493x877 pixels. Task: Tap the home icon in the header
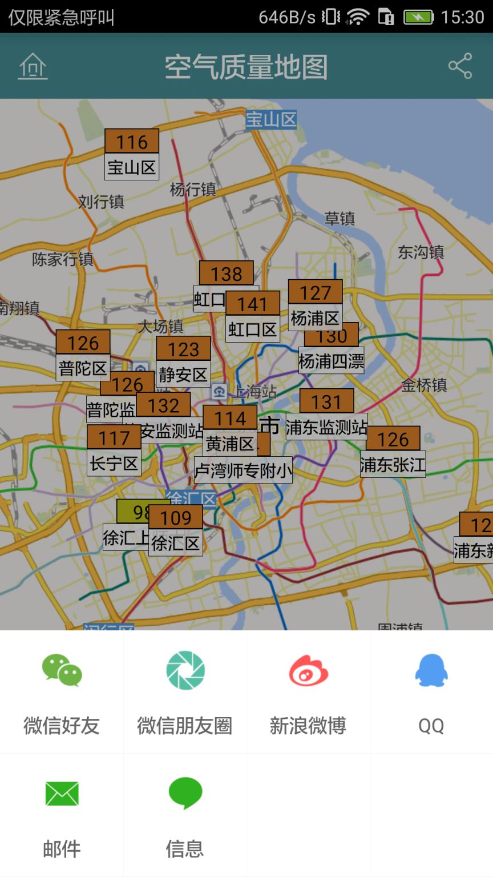point(33,66)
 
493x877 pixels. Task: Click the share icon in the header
point(460,66)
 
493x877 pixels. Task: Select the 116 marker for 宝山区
point(132,142)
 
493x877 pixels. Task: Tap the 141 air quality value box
point(253,304)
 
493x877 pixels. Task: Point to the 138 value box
point(227,273)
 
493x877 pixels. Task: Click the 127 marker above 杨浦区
point(315,292)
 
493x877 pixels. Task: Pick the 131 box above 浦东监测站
point(326,401)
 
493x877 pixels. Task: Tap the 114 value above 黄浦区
point(230,418)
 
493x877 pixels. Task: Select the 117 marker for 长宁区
point(114,438)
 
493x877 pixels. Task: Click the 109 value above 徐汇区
point(176,517)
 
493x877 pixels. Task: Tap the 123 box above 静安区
point(183,349)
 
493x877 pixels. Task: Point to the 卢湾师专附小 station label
point(243,470)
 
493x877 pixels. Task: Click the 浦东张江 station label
point(393,465)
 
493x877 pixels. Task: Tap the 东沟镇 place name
point(421,252)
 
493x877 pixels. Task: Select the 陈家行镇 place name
point(63,259)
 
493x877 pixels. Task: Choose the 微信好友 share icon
point(62,670)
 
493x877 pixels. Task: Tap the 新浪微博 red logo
point(308,670)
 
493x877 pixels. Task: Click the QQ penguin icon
point(431,670)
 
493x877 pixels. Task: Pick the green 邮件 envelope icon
point(62,794)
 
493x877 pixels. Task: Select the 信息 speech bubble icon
point(185,792)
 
